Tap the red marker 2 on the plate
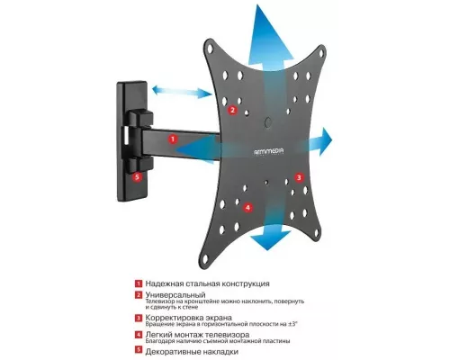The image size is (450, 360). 232,111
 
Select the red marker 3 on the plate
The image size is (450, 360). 298,179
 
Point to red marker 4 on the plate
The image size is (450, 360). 248,207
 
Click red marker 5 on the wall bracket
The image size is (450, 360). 137,177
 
